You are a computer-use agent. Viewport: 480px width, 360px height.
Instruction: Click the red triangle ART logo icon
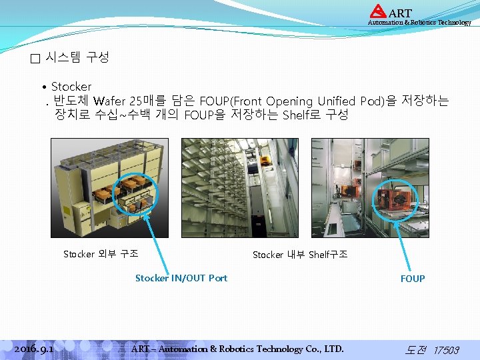tap(378, 11)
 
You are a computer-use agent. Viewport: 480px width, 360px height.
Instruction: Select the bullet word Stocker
tap(71, 87)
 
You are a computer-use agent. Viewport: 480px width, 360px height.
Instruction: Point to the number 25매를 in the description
tap(147, 101)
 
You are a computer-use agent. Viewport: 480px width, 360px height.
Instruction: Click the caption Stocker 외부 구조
tap(101, 254)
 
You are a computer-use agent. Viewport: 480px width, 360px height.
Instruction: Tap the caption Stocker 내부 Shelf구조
tap(299, 254)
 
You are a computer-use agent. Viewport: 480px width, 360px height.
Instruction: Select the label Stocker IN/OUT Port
tap(181, 278)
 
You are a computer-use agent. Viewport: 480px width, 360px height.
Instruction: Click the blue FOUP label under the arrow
tap(412, 279)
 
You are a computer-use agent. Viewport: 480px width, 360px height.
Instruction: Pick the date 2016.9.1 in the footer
tap(34, 349)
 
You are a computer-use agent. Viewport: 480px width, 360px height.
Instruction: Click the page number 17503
tap(446, 350)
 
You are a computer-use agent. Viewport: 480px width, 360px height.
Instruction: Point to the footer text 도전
tap(416, 349)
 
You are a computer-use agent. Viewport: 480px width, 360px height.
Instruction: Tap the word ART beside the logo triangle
tap(400, 13)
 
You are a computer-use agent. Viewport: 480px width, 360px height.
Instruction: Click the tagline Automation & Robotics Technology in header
tap(419, 23)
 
